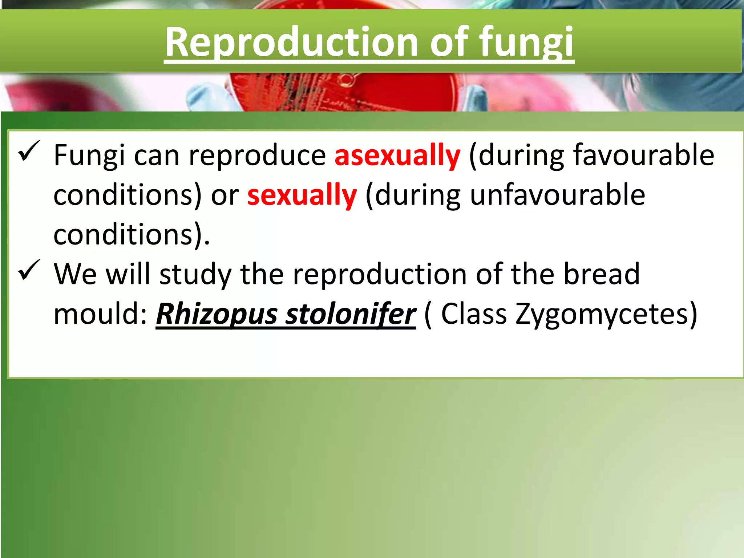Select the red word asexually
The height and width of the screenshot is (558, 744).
point(397,155)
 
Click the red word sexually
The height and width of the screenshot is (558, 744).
point(302,195)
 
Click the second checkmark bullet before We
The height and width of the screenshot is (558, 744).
point(29,270)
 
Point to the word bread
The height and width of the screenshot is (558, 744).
point(601,274)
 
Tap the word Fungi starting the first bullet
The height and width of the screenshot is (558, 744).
point(89,155)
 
